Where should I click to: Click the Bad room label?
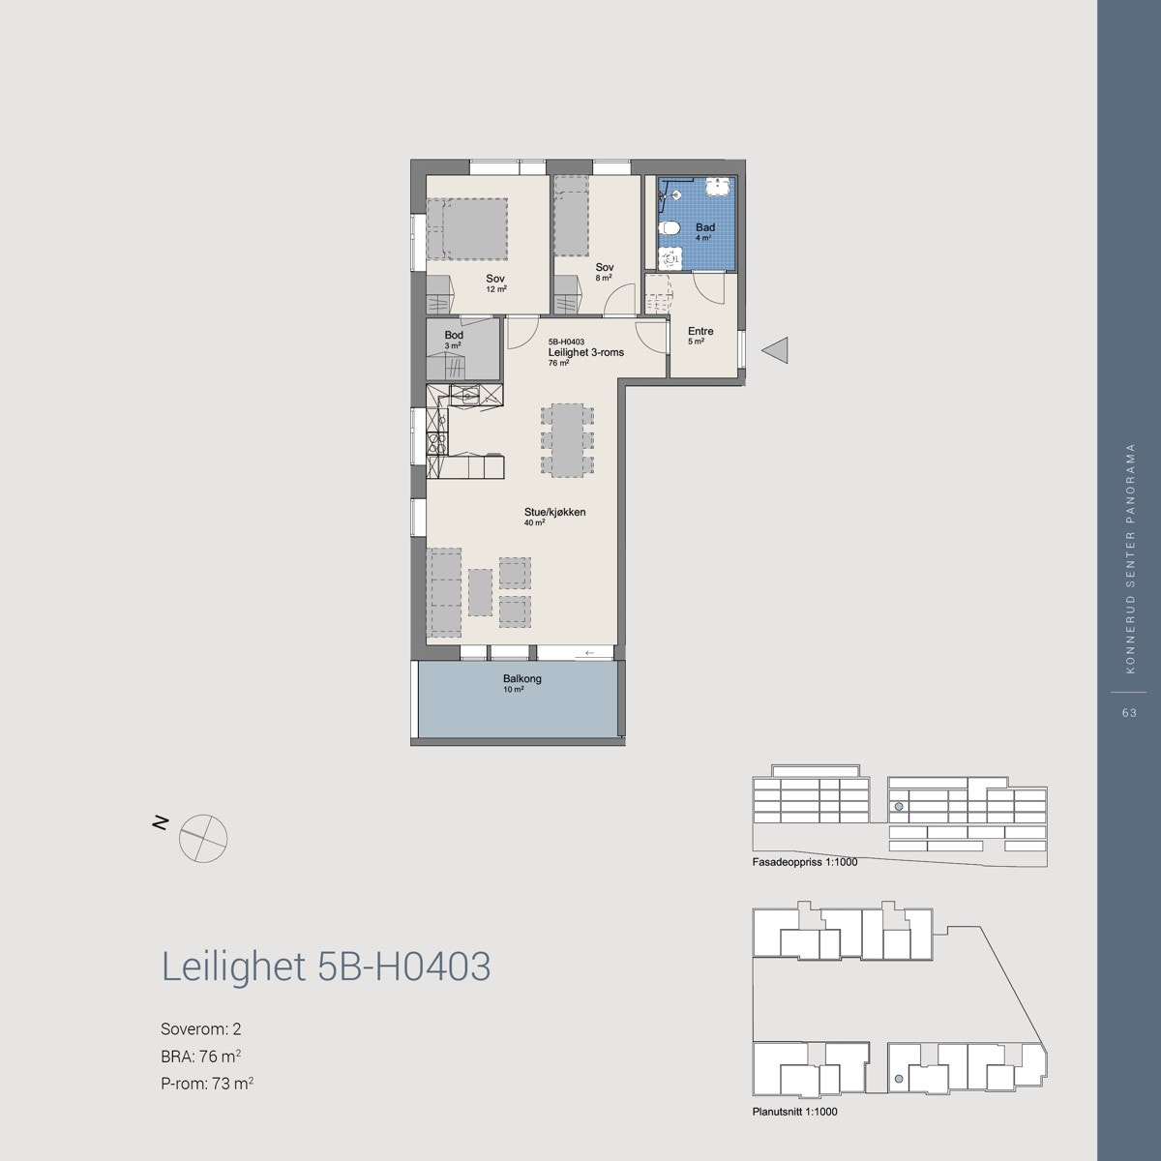pos(704,227)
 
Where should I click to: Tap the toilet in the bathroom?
pos(670,228)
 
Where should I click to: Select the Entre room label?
pos(700,332)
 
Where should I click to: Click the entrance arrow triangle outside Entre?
pos(777,350)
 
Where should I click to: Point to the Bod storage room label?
pos(454,336)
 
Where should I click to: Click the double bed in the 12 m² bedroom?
pos(468,229)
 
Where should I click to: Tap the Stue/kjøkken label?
pos(555,513)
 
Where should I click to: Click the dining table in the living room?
pos(567,440)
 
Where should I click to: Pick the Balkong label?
pos(521,679)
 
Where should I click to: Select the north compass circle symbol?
pos(203,838)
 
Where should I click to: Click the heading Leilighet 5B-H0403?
pos(326,967)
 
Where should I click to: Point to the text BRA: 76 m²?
pos(200,1057)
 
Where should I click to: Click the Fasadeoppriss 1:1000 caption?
pos(804,861)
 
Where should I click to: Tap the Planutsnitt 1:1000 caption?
pos(794,1113)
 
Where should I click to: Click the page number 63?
pos(1128,712)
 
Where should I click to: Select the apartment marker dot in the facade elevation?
pos(899,806)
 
